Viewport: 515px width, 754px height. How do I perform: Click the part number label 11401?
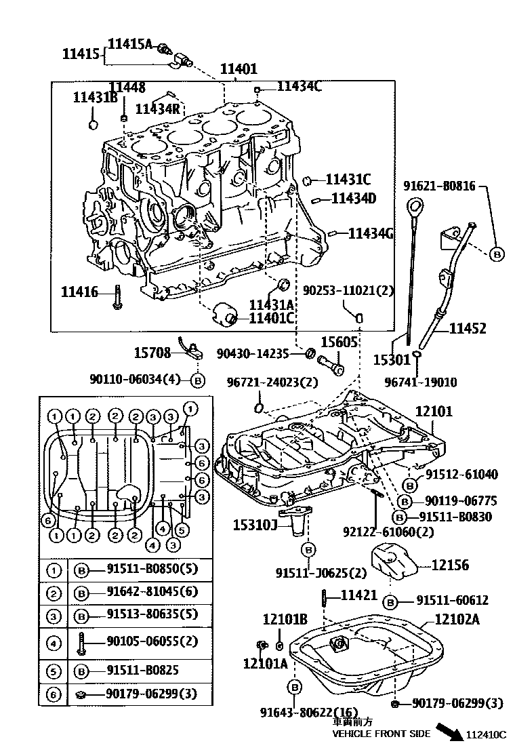(x=238, y=68)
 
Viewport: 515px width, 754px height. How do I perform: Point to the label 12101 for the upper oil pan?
(x=434, y=412)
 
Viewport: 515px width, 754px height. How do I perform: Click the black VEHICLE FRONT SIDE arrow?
(x=449, y=730)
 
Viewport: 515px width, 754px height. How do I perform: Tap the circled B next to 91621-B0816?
(x=496, y=254)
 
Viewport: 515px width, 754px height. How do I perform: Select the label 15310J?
(x=255, y=524)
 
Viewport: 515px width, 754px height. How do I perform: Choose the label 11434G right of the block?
(x=371, y=233)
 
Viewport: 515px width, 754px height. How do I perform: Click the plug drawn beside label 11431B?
(x=94, y=124)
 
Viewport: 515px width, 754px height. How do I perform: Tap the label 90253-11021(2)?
(x=357, y=290)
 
